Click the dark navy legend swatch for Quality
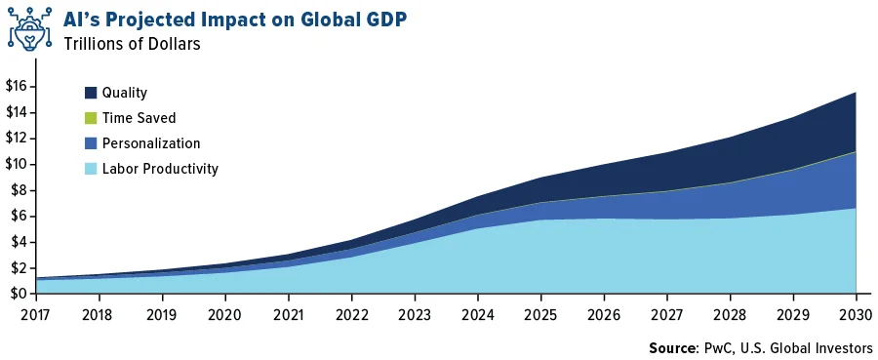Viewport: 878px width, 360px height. (91, 93)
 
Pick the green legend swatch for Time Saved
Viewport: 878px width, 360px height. (91, 118)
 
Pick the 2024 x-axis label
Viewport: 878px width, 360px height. (478, 314)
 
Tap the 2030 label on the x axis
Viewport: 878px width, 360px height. (855, 314)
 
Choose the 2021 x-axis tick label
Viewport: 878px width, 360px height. (289, 314)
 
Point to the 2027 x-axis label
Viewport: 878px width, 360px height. (666, 314)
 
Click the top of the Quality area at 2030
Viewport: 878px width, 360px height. (856, 92)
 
